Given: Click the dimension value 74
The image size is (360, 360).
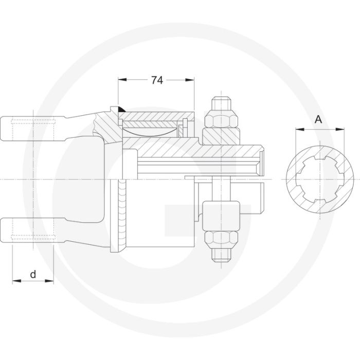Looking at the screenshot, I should (x=157, y=80).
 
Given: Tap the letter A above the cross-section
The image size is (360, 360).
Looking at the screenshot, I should (x=318, y=120).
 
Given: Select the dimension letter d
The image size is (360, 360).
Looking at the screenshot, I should (x=33, y=274).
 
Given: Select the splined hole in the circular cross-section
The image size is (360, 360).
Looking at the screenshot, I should (x=319, y=177).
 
